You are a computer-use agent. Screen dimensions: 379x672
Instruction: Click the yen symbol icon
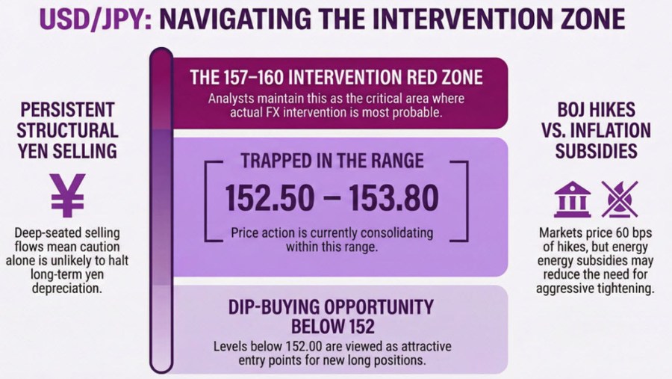(x=67, y=195)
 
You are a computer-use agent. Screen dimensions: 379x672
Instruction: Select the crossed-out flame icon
(x=619, y=200)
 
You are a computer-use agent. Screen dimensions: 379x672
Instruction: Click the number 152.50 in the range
(x=270, y=197)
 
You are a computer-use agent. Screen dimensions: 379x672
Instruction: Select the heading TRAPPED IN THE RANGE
(x=334, y=160)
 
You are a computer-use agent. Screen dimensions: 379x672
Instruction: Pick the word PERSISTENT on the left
(x=66, y=108)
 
